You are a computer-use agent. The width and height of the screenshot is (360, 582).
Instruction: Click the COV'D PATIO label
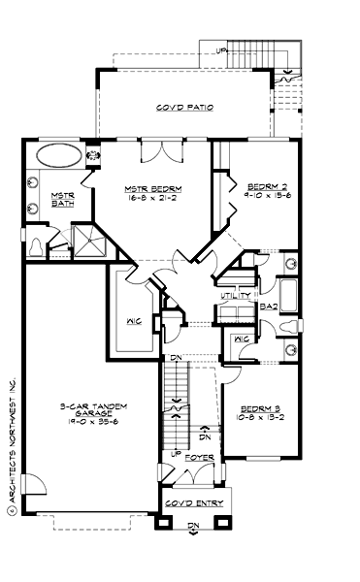tap(184, 107)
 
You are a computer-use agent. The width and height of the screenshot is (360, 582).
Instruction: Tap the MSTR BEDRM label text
tap(154, 187)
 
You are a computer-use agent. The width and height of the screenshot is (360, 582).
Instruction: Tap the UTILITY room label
tap(236, 295)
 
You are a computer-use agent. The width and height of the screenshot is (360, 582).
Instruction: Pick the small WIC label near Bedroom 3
tap(243, 339)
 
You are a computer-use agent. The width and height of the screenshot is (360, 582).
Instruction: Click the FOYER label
tap(199, 455)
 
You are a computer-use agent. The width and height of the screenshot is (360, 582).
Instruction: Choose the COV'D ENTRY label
tap(194, 503)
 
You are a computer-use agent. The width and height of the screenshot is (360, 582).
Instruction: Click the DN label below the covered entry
tap(193, 527)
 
